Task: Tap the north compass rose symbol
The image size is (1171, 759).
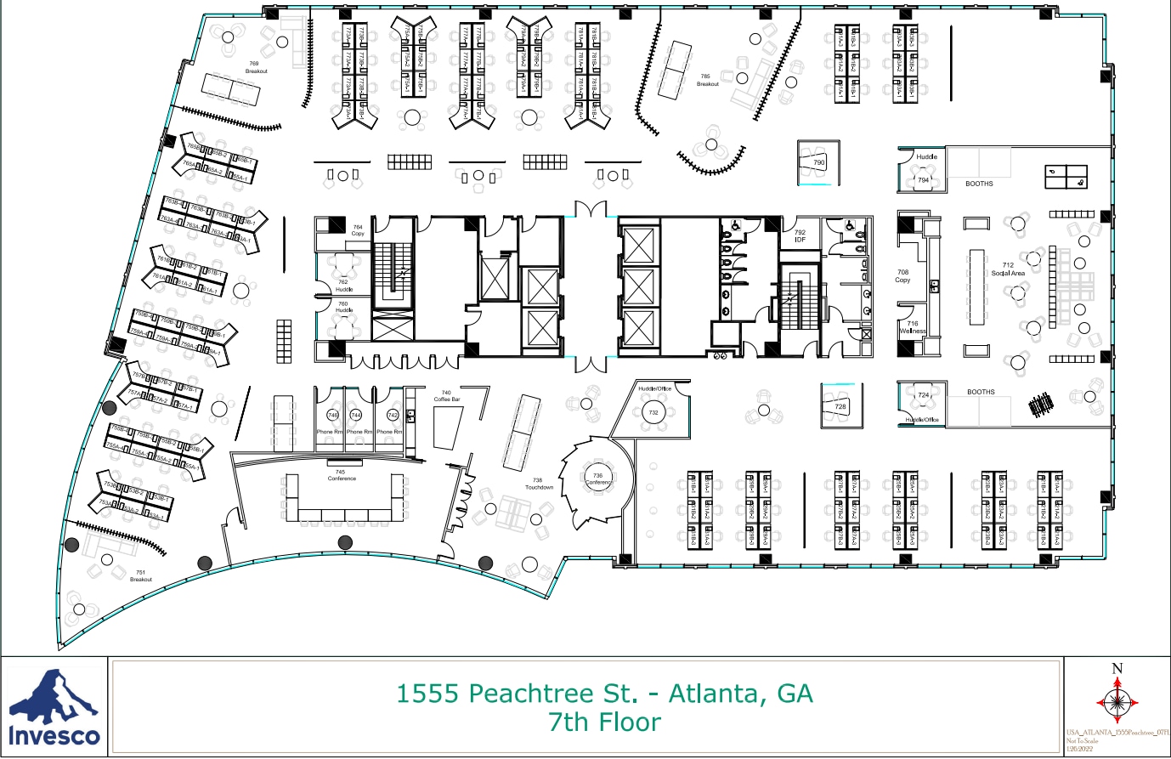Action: [1117, 701]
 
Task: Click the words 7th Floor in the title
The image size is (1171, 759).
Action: [604, 722]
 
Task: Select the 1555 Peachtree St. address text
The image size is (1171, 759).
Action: [604, 694]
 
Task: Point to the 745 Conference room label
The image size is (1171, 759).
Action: [341, 475]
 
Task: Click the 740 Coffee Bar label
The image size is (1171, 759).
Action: [446, 396]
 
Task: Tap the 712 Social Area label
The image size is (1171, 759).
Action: [1008, 269]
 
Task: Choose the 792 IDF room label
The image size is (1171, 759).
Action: [800, 235]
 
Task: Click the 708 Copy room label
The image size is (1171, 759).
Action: [902, 276]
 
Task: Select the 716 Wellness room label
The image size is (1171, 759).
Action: [913, 327]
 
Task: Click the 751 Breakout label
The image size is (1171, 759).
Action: [141, 575]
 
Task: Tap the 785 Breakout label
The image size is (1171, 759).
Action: [707, 80]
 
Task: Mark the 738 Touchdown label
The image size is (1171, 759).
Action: [539, 484]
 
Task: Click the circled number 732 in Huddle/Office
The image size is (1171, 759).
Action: [653, 413]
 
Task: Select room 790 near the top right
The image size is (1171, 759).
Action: [818, 162]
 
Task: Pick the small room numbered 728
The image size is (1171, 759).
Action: [840, 407]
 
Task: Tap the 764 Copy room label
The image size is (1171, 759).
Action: [358, 230]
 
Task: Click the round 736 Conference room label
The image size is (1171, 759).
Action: [597, 479]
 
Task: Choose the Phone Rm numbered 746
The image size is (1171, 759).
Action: [332, 416]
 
